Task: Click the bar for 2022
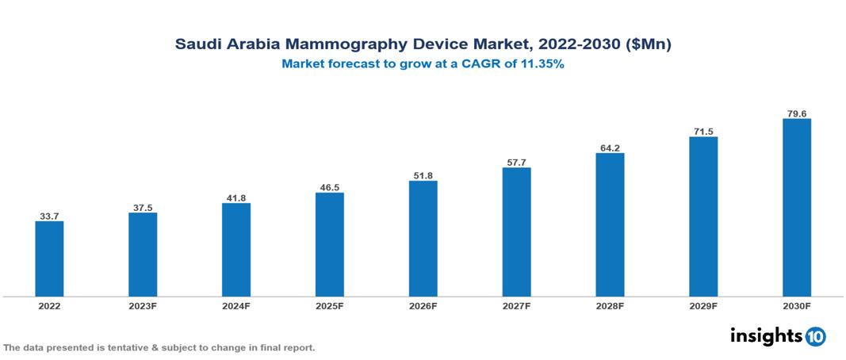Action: click(49, 259)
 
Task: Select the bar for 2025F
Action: click(329, 244)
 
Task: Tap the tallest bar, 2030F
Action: click(796, 208)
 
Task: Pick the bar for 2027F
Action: click(516, 232)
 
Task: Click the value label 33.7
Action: click(49, 215)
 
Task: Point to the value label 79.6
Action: click(796, 113)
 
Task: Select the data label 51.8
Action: click(423, 174)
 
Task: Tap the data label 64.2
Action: click(610, 147)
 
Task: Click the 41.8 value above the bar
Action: click(236, 197)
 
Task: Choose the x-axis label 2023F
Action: click(143, 306)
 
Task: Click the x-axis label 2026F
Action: click(423, 306)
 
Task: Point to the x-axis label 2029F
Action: click(702, 306)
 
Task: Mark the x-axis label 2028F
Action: click(610, 306)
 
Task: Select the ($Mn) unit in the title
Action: click(647, 45)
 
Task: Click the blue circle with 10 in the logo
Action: click(815, 337)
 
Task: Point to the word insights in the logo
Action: click(766, 336)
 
